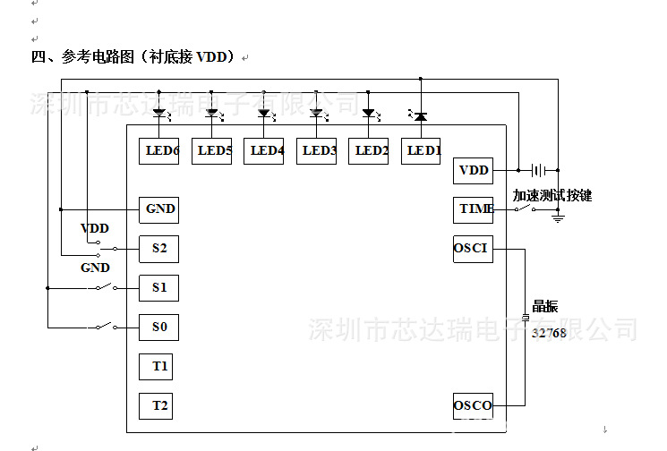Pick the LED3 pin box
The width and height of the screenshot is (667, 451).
point(319,150)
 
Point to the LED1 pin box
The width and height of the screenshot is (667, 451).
point(423,150)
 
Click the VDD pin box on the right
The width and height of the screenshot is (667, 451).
point(473,170)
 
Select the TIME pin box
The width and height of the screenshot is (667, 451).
point(473,209)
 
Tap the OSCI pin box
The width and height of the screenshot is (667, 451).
point(473,249)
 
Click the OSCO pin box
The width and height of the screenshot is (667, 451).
point(473,405)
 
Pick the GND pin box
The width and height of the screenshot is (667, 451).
point(158,209)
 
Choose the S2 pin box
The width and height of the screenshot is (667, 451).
point(158,249)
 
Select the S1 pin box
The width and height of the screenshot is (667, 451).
point(158,288)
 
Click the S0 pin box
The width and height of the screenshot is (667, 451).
point(158,328)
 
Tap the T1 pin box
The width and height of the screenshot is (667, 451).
point(158,367)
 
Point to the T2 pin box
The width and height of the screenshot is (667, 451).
point(158,405)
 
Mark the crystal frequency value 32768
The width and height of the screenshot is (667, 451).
point(549,333)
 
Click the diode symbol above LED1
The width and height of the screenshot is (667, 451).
point(419,115)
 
